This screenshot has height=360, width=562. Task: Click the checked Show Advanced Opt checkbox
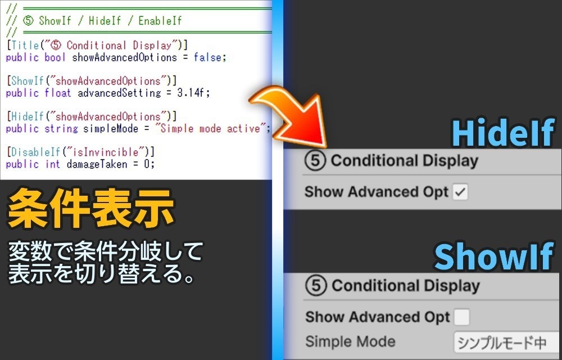click(460, 192)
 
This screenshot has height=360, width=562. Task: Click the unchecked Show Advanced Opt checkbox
click(461, 317)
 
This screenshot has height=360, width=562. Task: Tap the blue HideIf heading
click(502, 134)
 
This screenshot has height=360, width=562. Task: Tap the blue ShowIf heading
click(493, 257)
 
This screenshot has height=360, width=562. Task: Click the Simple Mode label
click(350, 341)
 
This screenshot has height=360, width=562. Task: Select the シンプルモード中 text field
click(506, 342)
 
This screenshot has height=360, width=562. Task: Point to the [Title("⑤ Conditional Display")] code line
click(97, 45)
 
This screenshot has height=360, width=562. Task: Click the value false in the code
click(209, 57)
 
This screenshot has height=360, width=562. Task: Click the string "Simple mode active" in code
click(212, 129)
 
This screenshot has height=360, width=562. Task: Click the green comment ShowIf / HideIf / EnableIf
click(110, 21)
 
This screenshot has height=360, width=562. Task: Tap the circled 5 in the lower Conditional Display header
click(316, 286)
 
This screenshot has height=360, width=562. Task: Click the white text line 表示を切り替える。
click(101, 274)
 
